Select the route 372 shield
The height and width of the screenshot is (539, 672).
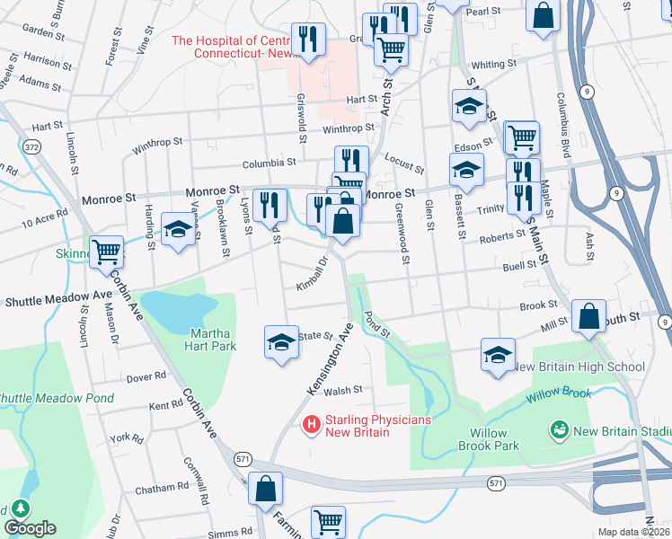[32, 146]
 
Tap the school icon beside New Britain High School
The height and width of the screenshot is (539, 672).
[498, 353]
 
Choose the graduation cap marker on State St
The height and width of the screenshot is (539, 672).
[281, 341]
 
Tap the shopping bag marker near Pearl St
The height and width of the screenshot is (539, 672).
[543, 15]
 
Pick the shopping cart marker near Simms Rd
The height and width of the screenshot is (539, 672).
[328, 521]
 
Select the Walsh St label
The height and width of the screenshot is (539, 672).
[343, 390]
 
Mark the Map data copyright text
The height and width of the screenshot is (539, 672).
[632, 533]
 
